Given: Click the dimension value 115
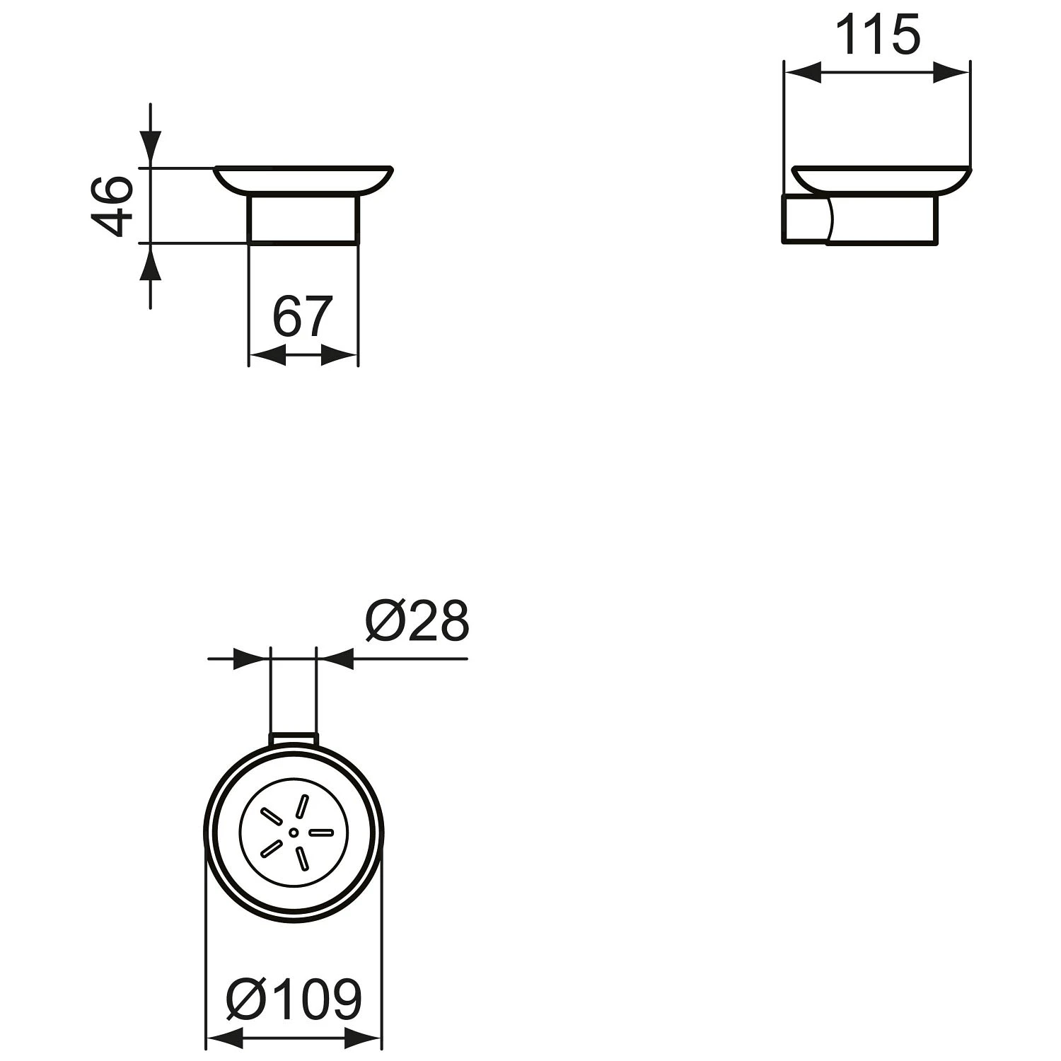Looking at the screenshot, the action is pyautogui.click(x=878, y=35).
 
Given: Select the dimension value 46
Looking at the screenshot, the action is pyautogui.click(x=112, y=206).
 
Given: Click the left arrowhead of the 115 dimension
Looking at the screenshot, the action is pyautogui.click(x=804, y=72).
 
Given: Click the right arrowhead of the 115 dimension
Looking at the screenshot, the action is pyautogui.click(x=951, y=72).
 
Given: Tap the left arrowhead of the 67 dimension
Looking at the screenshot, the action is pyautogui.click(x=267, y=356).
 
